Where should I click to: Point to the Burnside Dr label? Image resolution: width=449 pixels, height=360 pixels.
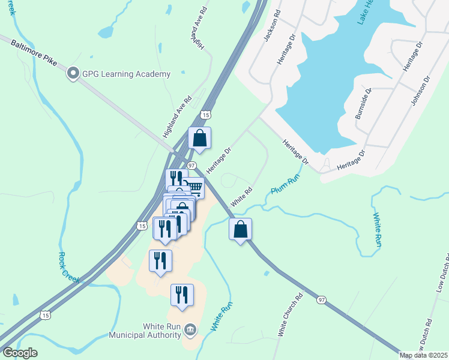(x=364, y=103)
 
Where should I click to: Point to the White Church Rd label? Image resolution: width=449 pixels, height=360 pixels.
(x=290, y=315)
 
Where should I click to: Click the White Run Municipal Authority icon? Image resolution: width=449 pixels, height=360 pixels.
(x=190, y=328)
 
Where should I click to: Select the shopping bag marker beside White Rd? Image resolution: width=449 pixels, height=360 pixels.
(x=240, y=229)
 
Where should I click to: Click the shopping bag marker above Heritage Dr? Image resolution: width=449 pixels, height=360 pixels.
(x=200, y=138)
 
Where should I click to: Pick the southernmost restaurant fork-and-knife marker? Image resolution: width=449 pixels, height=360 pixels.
(x=182, y=295)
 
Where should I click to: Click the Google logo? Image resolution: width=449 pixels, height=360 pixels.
(x=20, y=353)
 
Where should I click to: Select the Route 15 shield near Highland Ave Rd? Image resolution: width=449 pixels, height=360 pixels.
(x=206, y=115)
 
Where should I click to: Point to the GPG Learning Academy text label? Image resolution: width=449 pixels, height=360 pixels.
(x=127, y=74)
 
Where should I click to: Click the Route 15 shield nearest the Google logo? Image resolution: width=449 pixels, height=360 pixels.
(x=46, y=314)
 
